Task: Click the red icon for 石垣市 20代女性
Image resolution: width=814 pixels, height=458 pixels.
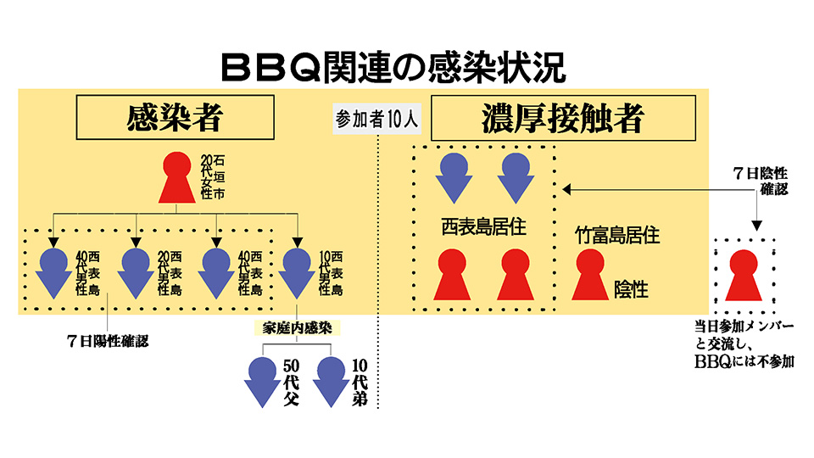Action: click(x=176, y=178)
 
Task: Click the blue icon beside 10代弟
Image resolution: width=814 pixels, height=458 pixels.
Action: click(x=330, y=381)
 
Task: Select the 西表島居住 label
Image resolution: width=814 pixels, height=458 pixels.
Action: click(x=484, y=226)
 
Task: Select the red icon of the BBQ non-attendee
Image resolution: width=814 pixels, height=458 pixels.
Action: click(x=744, y=275)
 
